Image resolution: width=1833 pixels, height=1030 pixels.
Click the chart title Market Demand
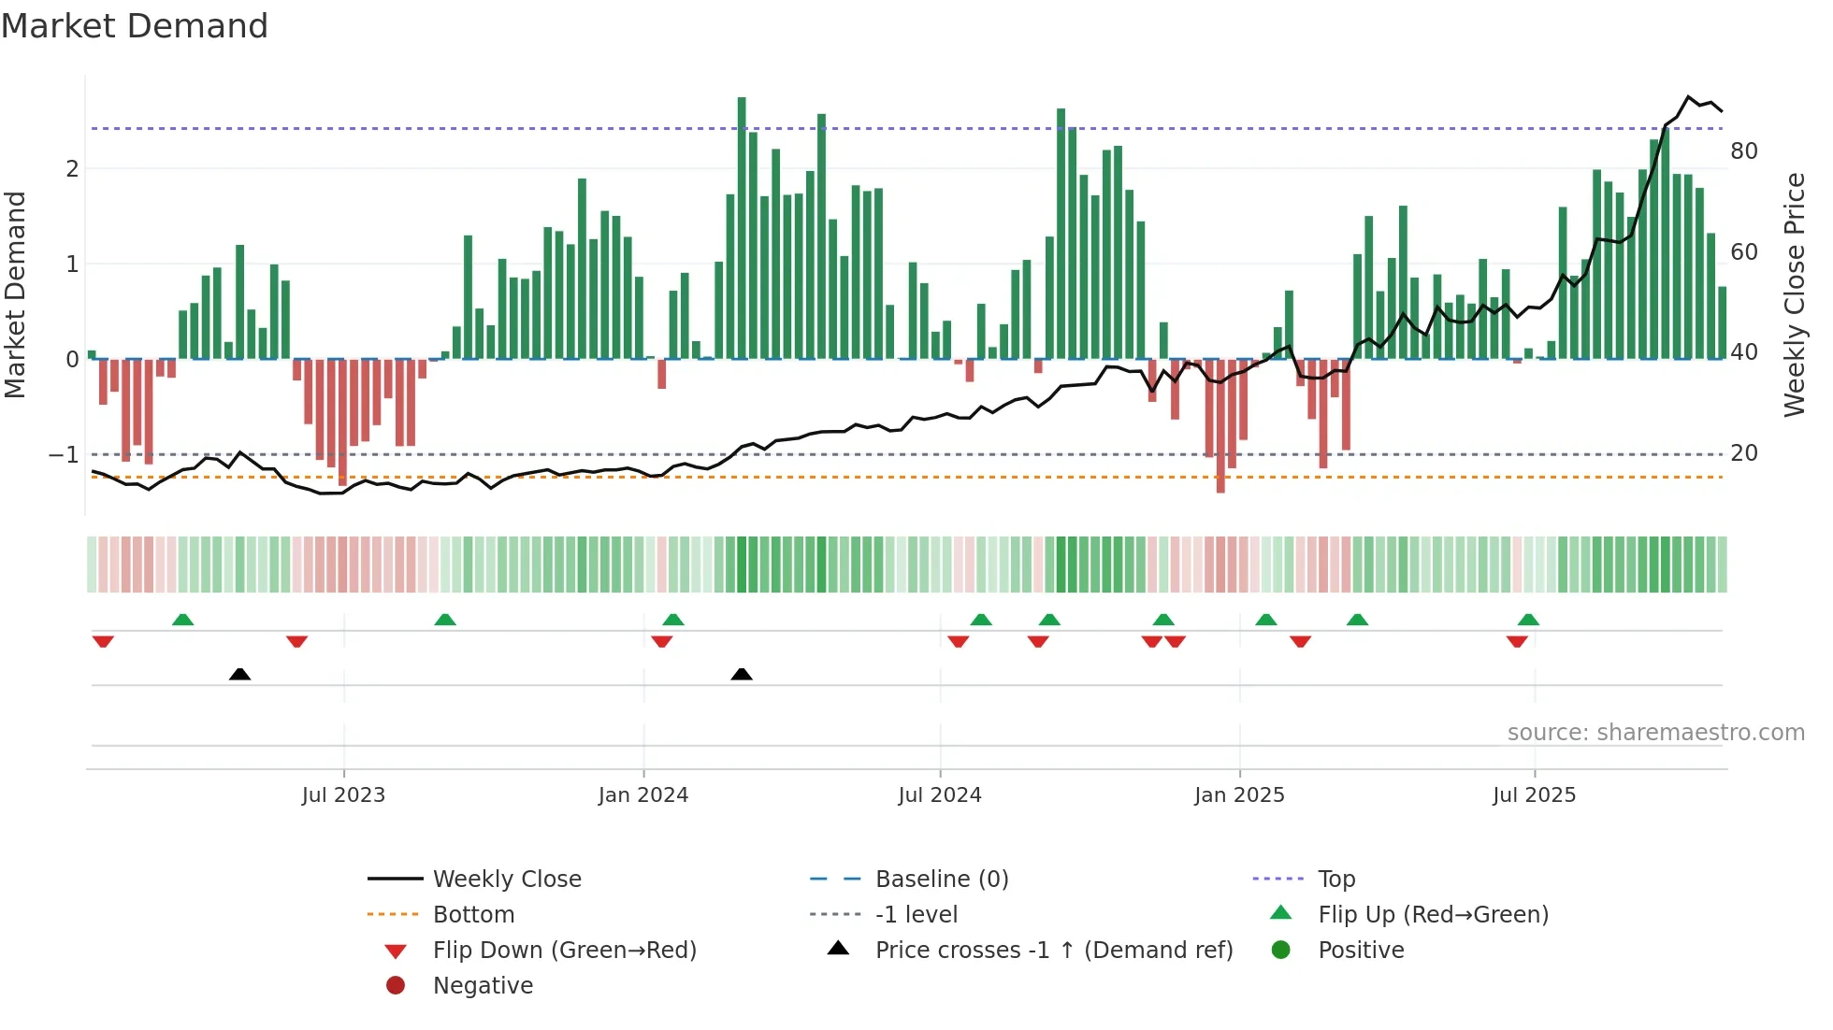(x=135, y=26)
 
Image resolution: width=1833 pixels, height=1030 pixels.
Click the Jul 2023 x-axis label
(x=343, y=795)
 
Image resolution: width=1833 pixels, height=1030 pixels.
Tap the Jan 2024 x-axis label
(x=643, y=795)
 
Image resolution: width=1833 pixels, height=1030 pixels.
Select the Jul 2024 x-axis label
(x=940, y=795)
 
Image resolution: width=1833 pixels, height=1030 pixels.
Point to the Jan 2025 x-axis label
(x=1239, y=795)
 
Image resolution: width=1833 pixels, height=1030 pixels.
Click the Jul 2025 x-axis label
(x=1534, y=795)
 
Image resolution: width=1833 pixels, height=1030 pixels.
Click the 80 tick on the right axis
(x=1743, y=151)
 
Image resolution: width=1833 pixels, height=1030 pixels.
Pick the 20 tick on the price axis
(x=1743, y=453)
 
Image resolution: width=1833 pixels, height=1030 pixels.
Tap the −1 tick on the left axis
(x=64, y=455)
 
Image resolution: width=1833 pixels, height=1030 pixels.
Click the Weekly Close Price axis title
(x=1794, y=294)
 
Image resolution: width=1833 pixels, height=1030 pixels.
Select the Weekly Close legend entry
(x=506, y=880)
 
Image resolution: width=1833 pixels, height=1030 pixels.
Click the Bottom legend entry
(x=473, y=915)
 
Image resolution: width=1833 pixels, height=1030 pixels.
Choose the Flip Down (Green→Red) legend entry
(x=564, y=951)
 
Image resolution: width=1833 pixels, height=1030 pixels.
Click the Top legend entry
(x=1336, y=880)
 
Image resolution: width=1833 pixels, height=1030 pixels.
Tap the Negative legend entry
(x=483, y=986)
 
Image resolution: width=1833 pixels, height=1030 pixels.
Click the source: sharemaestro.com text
(x=1655, y=733)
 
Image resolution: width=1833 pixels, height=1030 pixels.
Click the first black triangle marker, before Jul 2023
(x=239, y=674)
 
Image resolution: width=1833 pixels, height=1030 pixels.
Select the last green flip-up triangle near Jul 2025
(x=1528, y=620)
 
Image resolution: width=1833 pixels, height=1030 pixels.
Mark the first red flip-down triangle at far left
(x=103, y=641)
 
